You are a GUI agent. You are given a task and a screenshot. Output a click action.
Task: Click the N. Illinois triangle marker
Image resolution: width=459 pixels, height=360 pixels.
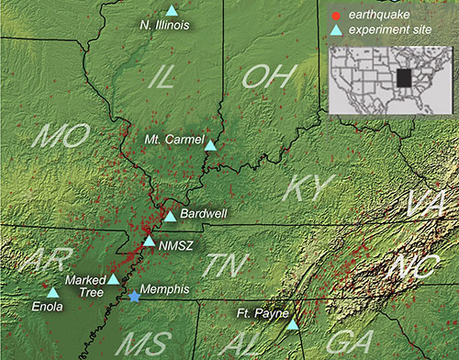point(171,10)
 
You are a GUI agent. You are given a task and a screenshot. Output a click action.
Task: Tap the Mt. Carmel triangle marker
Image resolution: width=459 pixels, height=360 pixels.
point(210,145)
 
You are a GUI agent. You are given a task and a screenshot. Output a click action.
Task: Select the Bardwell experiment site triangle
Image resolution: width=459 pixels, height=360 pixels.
point(170,217)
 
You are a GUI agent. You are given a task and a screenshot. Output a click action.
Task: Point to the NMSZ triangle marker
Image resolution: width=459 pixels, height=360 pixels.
point(150,242)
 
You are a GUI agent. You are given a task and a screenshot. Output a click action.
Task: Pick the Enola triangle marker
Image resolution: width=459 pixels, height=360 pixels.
point(52,293)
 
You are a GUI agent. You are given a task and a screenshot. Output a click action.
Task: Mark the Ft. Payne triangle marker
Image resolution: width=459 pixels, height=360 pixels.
point(293,324)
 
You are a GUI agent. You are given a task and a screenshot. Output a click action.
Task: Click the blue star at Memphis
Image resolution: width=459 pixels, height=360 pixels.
point(136,297)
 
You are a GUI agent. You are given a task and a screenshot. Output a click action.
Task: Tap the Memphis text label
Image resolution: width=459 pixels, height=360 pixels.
point(167,289)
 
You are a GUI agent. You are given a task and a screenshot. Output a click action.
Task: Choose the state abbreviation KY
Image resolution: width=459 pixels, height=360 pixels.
point(304,187)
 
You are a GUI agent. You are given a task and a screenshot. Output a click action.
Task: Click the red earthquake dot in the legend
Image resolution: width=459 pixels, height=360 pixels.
point(335,16)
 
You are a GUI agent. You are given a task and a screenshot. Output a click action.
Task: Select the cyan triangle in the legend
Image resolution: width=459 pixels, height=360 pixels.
point(335,31)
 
